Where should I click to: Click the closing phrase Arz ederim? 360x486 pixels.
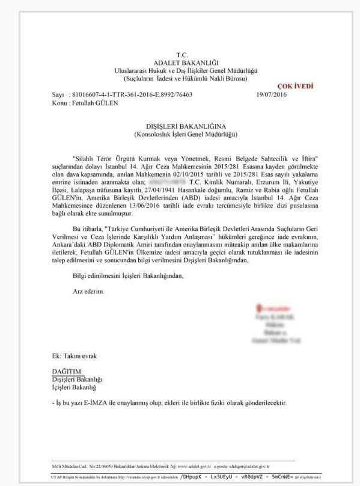tap(88, 291)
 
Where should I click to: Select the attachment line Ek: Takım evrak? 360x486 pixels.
tap(74, 356)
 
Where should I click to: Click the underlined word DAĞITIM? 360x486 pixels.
tap(67, 371)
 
